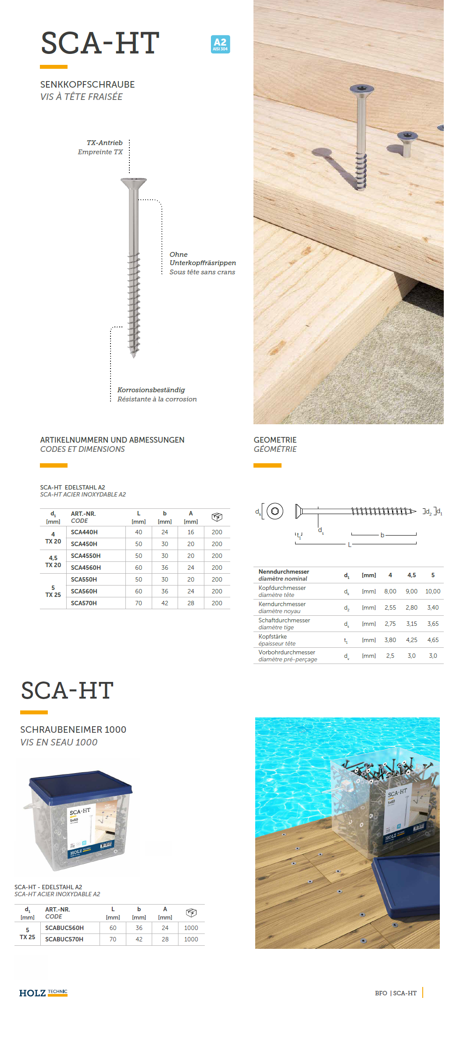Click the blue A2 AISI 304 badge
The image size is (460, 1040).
[x=220, y=44]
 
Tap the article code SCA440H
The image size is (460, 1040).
[x=84, y=532]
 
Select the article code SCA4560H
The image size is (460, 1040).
[x=86, y=568]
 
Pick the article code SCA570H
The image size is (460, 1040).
[x=84, y=603]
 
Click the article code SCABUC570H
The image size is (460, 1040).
[x=64, y=939]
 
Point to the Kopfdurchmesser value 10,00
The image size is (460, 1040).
[x=433, y=591]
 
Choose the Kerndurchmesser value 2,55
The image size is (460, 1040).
[x=390, y=607]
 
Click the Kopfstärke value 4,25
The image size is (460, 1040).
[x=412, y=640]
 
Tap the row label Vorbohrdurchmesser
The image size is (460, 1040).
[x=287, y=652]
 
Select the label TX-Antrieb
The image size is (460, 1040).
[x=104, y=143]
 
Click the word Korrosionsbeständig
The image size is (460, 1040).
[x=151, y=390]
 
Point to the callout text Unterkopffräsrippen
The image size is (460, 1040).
[x=203, y=263]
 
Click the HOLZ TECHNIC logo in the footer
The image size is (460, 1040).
[x=43, y=993]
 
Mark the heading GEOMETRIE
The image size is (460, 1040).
[x=275, y=440]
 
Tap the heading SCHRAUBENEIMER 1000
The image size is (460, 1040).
[x=73, y=730]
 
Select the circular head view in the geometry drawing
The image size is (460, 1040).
[x=275, y=511]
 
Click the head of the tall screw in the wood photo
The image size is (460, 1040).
[x=362, y=89]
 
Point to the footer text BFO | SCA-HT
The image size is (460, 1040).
[x=396, y=993]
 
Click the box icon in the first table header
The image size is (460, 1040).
[x=217, y=517]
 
